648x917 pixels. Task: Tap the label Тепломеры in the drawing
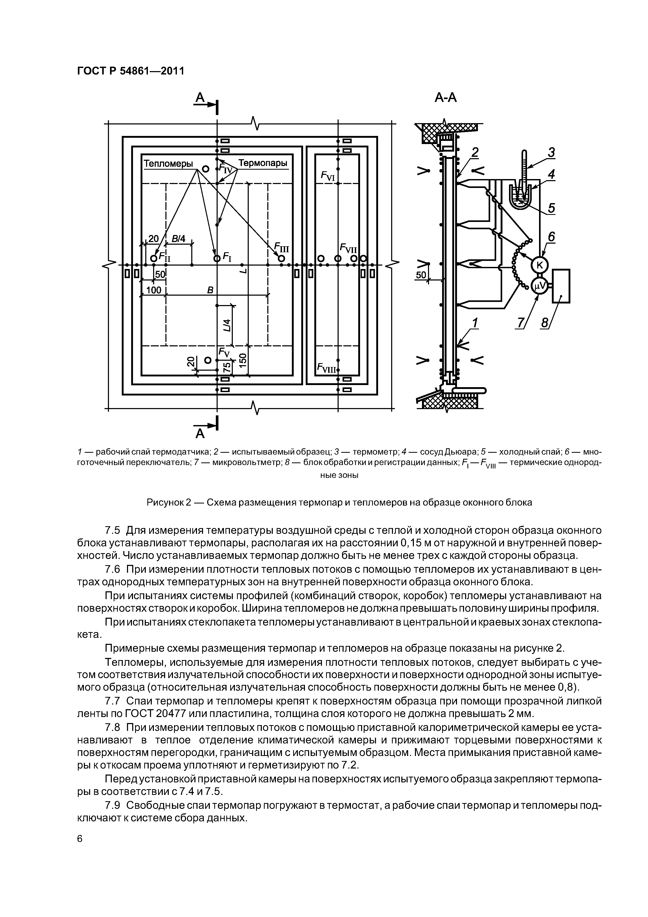(168, 164)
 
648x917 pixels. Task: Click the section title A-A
(445, 98)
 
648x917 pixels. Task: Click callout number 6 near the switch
(551, 237)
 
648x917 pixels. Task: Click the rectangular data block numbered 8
(560, 286)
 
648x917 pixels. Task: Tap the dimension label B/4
(178, 239)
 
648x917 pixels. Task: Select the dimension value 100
(153, 290)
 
